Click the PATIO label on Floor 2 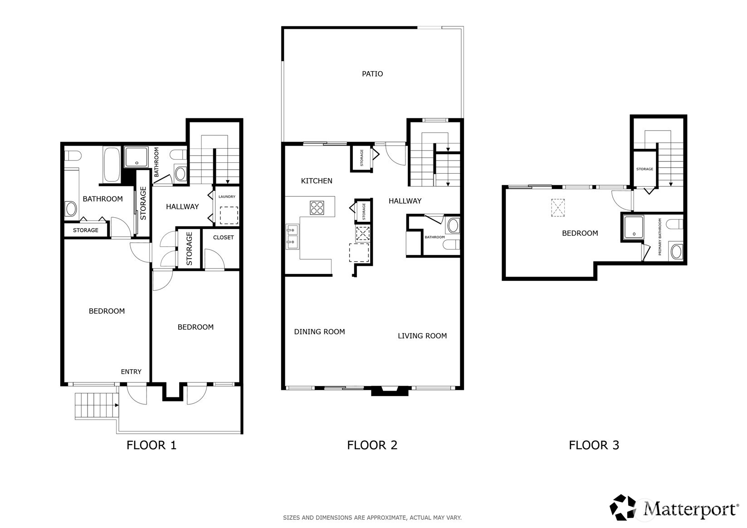point(372,73)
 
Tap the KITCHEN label point(317,181)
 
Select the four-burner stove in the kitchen point(317,207)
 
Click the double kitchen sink point(293,236)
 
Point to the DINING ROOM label point(319,332)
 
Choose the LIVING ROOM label point(422,336)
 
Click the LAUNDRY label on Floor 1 point(227,196)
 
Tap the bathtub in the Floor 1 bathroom point(111,164)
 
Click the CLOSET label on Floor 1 point(223,237)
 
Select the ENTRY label point(131,372)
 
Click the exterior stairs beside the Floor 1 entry point(96,406)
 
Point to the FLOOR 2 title point(372,445)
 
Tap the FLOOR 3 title point(594,445)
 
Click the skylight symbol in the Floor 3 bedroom point(557,208)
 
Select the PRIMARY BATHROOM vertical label point(659,237)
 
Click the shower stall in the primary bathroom point(633,227)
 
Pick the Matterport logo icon point(624,507)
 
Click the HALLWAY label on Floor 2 point(405,201)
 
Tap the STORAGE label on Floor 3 point(644,169)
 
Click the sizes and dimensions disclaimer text point(372,517)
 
